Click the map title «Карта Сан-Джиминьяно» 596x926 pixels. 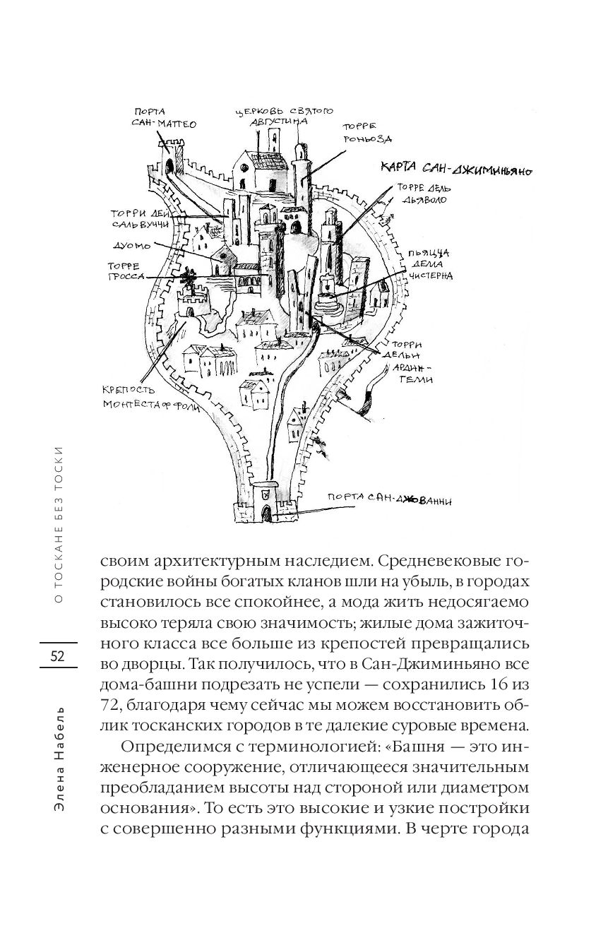pyautogui.click(x=455, y=169)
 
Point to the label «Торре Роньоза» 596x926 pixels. pyautogui.click(x=367, y=133)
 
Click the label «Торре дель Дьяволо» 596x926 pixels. pyautogui.click(x=424, y=194)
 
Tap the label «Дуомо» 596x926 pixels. pyautogui.click(x=131, y=245)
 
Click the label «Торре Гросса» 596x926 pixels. pyautogui.click(x=126, y=271)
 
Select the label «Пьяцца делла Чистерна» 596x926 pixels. pyautogui.click(x=430, y=265)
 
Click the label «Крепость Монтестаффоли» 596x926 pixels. pyautogui.click(x=150, y=398)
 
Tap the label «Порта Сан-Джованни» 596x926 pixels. pyautogui.click(x=389, y=499)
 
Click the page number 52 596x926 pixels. pyautogui.click(x=57, y=655)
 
